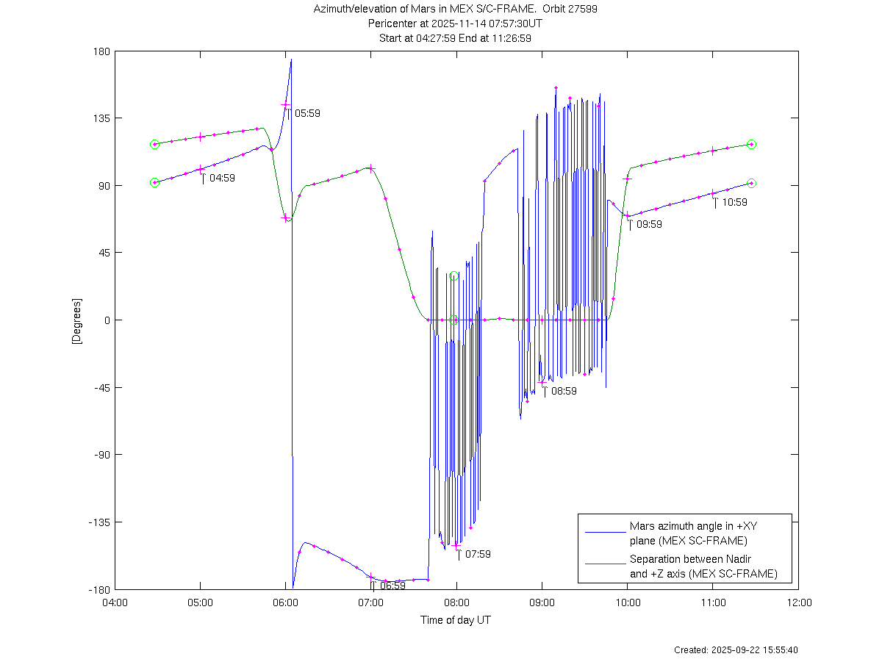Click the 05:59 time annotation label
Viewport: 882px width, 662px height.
307,114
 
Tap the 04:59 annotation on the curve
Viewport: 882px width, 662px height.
222,178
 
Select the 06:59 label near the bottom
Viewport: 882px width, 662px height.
392,586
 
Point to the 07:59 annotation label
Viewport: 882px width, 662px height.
478,554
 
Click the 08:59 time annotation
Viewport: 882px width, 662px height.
564,392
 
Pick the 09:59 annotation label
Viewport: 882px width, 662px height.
649,225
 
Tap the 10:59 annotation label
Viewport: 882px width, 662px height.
734,202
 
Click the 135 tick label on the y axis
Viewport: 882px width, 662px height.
101,118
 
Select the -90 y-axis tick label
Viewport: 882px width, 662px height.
101,455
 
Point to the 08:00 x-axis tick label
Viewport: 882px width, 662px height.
456,603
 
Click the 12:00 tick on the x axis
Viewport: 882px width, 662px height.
799,603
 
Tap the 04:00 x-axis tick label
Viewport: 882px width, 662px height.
115,603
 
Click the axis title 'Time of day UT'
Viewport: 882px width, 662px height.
456,620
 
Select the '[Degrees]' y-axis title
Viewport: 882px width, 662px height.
76,320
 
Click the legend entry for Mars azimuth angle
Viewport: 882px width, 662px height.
688,533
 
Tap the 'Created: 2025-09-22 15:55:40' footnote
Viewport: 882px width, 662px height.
736,650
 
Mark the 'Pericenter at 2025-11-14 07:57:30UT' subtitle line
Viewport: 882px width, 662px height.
456,24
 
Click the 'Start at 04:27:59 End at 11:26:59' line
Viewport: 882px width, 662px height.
456,37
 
